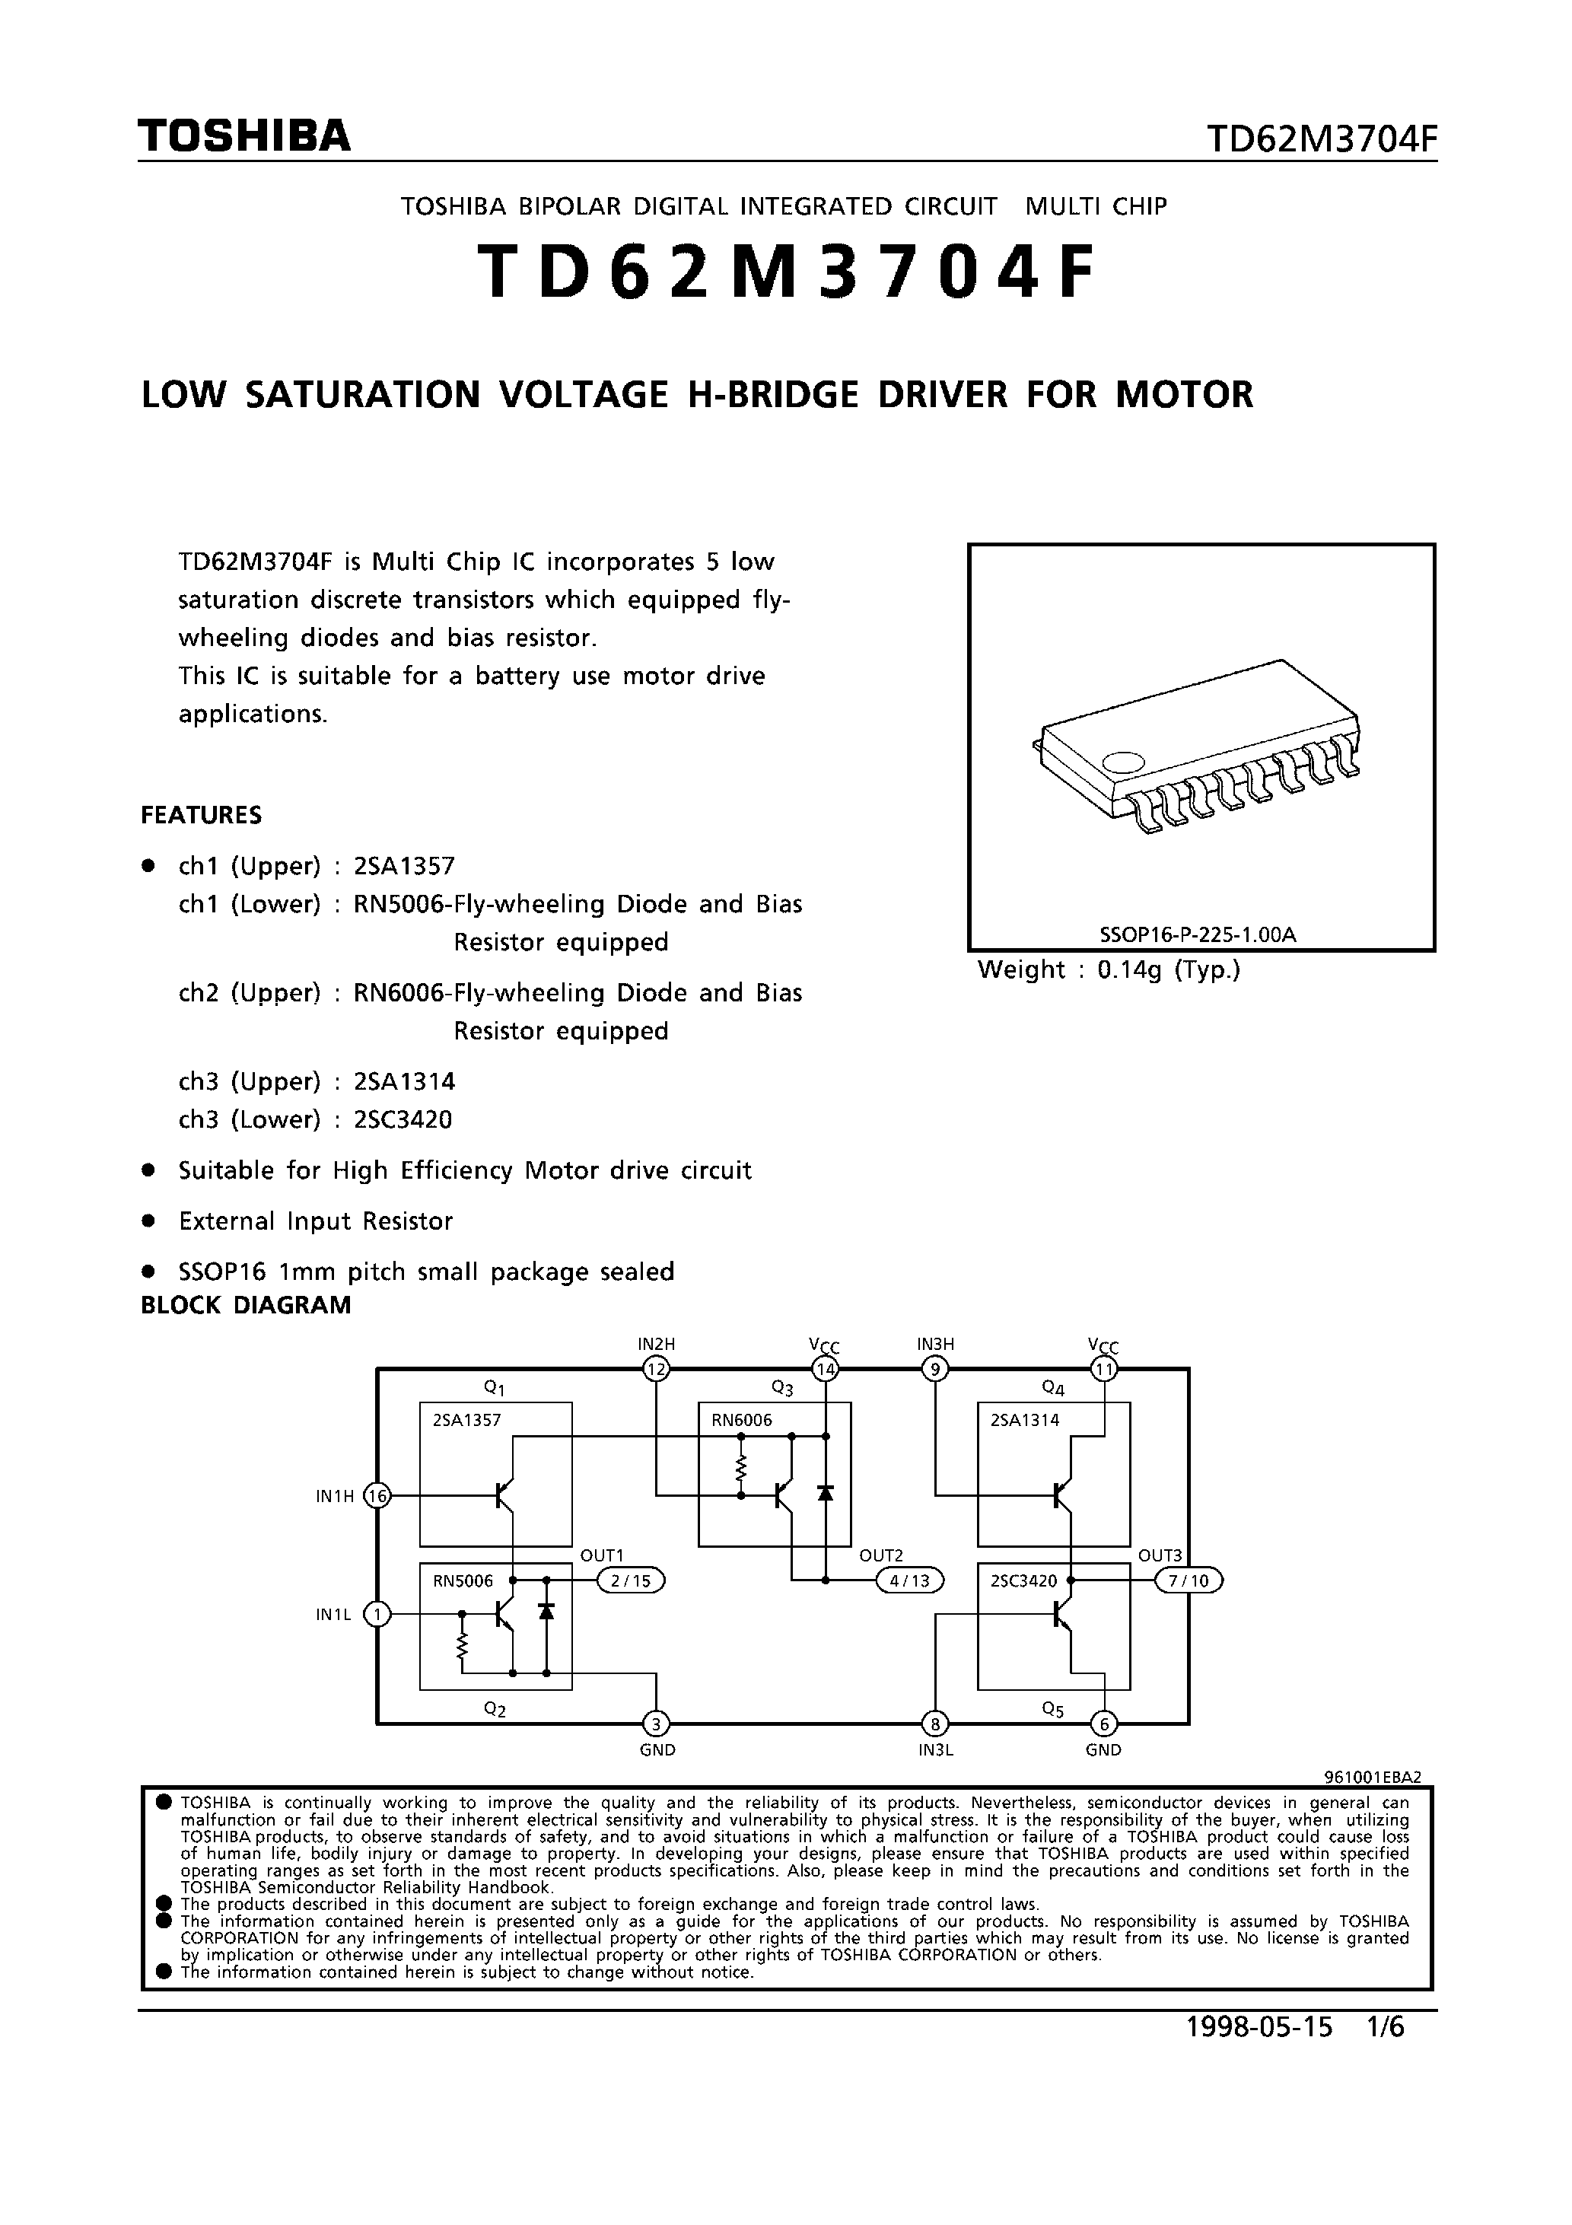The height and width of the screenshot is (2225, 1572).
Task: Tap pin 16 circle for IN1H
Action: (x=376, y=1496)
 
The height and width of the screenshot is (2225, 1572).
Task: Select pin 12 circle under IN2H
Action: (x=656, y=1369)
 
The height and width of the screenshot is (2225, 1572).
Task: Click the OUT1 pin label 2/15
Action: (x=631, y=1580)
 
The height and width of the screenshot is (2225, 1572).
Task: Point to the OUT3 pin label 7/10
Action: (x=1189, y=1580)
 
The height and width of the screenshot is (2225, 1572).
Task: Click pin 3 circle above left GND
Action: (x=656, y=1724)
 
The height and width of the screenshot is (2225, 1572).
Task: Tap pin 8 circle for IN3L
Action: (x=935, y=1724)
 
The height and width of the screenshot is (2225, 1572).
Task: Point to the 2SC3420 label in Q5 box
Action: (x=1023, y=1580)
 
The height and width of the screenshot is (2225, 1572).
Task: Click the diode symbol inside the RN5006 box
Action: (x=546, y=1611)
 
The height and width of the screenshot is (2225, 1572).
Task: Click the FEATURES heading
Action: (x=202, y=815)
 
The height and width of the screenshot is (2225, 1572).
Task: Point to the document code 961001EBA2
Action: (x=1373, y=1778)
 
